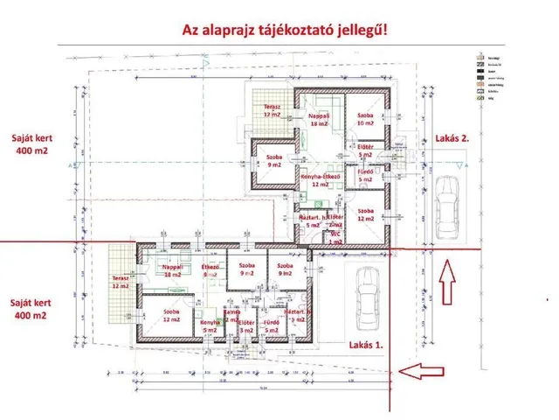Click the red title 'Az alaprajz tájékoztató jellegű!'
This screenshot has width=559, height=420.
click(285, 29)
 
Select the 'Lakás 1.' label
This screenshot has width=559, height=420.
click(366, 344)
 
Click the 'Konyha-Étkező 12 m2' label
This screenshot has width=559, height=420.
click(314, 180)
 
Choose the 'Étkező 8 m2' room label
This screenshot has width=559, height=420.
click(210, 269)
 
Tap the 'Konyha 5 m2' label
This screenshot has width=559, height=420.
click(208, 326)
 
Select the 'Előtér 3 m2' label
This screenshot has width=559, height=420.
click(247, 326)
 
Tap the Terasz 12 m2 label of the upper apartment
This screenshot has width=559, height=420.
click(272, 110)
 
